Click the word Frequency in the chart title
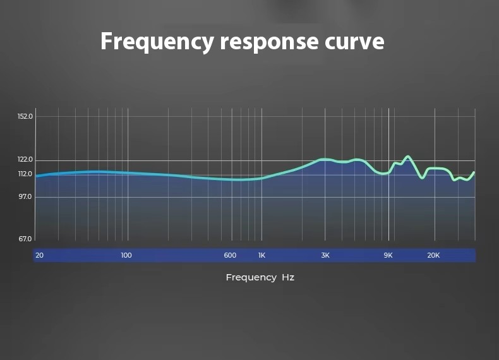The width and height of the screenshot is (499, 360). coord(157,42)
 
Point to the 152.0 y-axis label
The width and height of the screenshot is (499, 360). coord(25,116)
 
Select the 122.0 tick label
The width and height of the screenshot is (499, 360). coord(25,159)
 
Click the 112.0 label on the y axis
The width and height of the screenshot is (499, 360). coord(25,174)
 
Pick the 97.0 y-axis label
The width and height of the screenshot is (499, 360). coord(25,196)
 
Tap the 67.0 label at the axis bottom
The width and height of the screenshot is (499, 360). coord(25,239)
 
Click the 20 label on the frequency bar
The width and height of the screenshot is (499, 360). coord(39,255)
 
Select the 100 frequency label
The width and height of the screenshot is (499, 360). coord(126,255)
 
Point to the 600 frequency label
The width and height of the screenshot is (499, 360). coord(230,255)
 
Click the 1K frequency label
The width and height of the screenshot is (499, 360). coord(262,255)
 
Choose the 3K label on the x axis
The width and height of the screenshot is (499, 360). coord(325,255)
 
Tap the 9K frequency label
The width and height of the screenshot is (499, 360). coord(388,255)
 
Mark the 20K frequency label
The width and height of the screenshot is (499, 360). coord(433,255)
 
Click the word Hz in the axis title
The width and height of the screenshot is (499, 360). coord(288,277)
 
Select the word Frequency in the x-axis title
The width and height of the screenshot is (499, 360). coord(251,278)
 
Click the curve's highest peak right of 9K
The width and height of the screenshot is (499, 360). coord(407,156)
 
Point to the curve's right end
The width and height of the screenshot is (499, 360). coord(474,172)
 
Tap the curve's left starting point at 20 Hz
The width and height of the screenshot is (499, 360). coord(36,176)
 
